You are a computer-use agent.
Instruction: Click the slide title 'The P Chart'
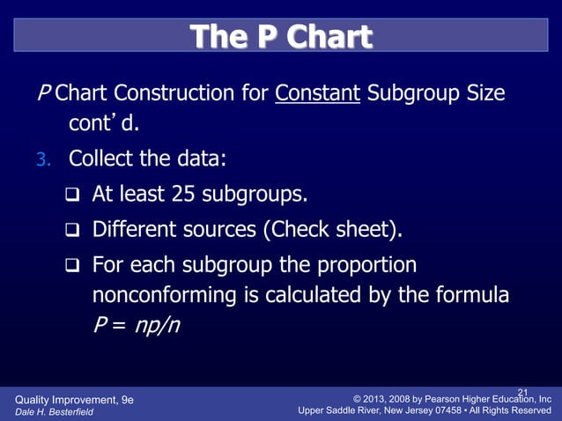[x=281, y=37]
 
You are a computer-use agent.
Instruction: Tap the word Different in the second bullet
[x=129, y=230]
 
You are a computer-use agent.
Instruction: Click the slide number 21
[x=521, y=392]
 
